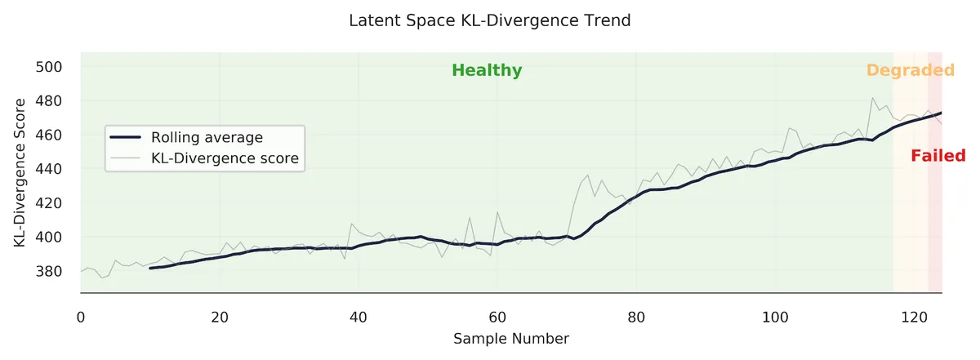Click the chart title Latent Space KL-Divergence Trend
[x=489, y=20]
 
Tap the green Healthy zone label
[x=487, y=70]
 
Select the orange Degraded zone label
[x=910, y=70]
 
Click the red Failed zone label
[x=938, y=156]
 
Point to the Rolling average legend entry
[x=207, y=137]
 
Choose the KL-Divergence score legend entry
[x=225, y=158]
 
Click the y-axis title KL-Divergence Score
[x=19, y=172]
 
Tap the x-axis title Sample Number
[x=511, y=338]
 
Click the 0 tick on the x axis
[x=81, y=315]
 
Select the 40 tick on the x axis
[x=359, y=315]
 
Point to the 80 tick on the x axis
[x=636, y=315]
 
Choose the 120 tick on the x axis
[x=914, y=315]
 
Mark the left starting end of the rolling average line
[x=150, y=268]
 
